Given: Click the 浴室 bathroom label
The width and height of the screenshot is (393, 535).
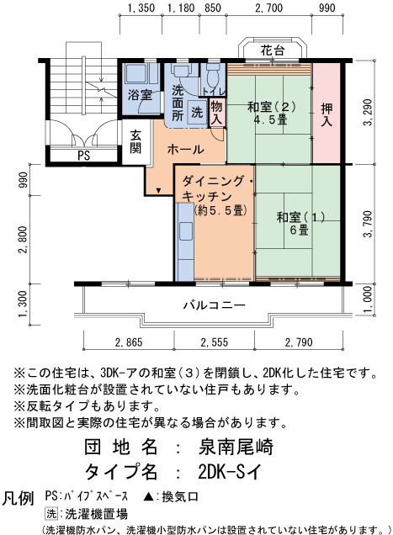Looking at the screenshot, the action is (x=140, y=94).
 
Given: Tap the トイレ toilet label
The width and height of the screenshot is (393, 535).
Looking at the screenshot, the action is (x=214, y=92).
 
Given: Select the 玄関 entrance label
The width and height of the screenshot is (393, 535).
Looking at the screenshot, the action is (x=135, y=141).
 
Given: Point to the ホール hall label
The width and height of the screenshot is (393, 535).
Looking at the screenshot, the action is (x=186, y=150).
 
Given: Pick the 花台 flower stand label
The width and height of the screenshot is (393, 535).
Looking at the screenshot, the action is (x=273, y=50).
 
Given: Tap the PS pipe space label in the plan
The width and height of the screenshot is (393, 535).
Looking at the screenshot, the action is (x=83, y=156).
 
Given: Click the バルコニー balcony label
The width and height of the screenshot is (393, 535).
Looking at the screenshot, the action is (x=215, y=305).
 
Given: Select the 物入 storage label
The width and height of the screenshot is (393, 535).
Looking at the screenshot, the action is (x=216, y=113).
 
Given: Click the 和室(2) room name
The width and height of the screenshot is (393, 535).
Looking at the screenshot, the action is (x=272, y=107).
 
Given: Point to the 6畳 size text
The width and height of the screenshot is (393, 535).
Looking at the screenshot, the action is (x=299, y=230).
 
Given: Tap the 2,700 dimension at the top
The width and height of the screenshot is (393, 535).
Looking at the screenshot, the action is (x=269, y=8).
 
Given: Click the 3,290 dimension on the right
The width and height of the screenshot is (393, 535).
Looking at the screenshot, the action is (x=368, y=112).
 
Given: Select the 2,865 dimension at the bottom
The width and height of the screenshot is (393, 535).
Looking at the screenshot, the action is (x=129, y=342).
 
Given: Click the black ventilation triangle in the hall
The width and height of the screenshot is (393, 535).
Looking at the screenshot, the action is (x=158, y=190).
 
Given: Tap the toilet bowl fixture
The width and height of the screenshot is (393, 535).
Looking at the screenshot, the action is (x=213, y=77).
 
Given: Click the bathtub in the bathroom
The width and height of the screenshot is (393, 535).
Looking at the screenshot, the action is (x=137, y=73).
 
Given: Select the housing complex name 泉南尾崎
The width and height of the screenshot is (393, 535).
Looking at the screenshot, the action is (x=236, y=447).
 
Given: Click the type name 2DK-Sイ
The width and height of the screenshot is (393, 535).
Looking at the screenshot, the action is (x=230, y=472).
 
